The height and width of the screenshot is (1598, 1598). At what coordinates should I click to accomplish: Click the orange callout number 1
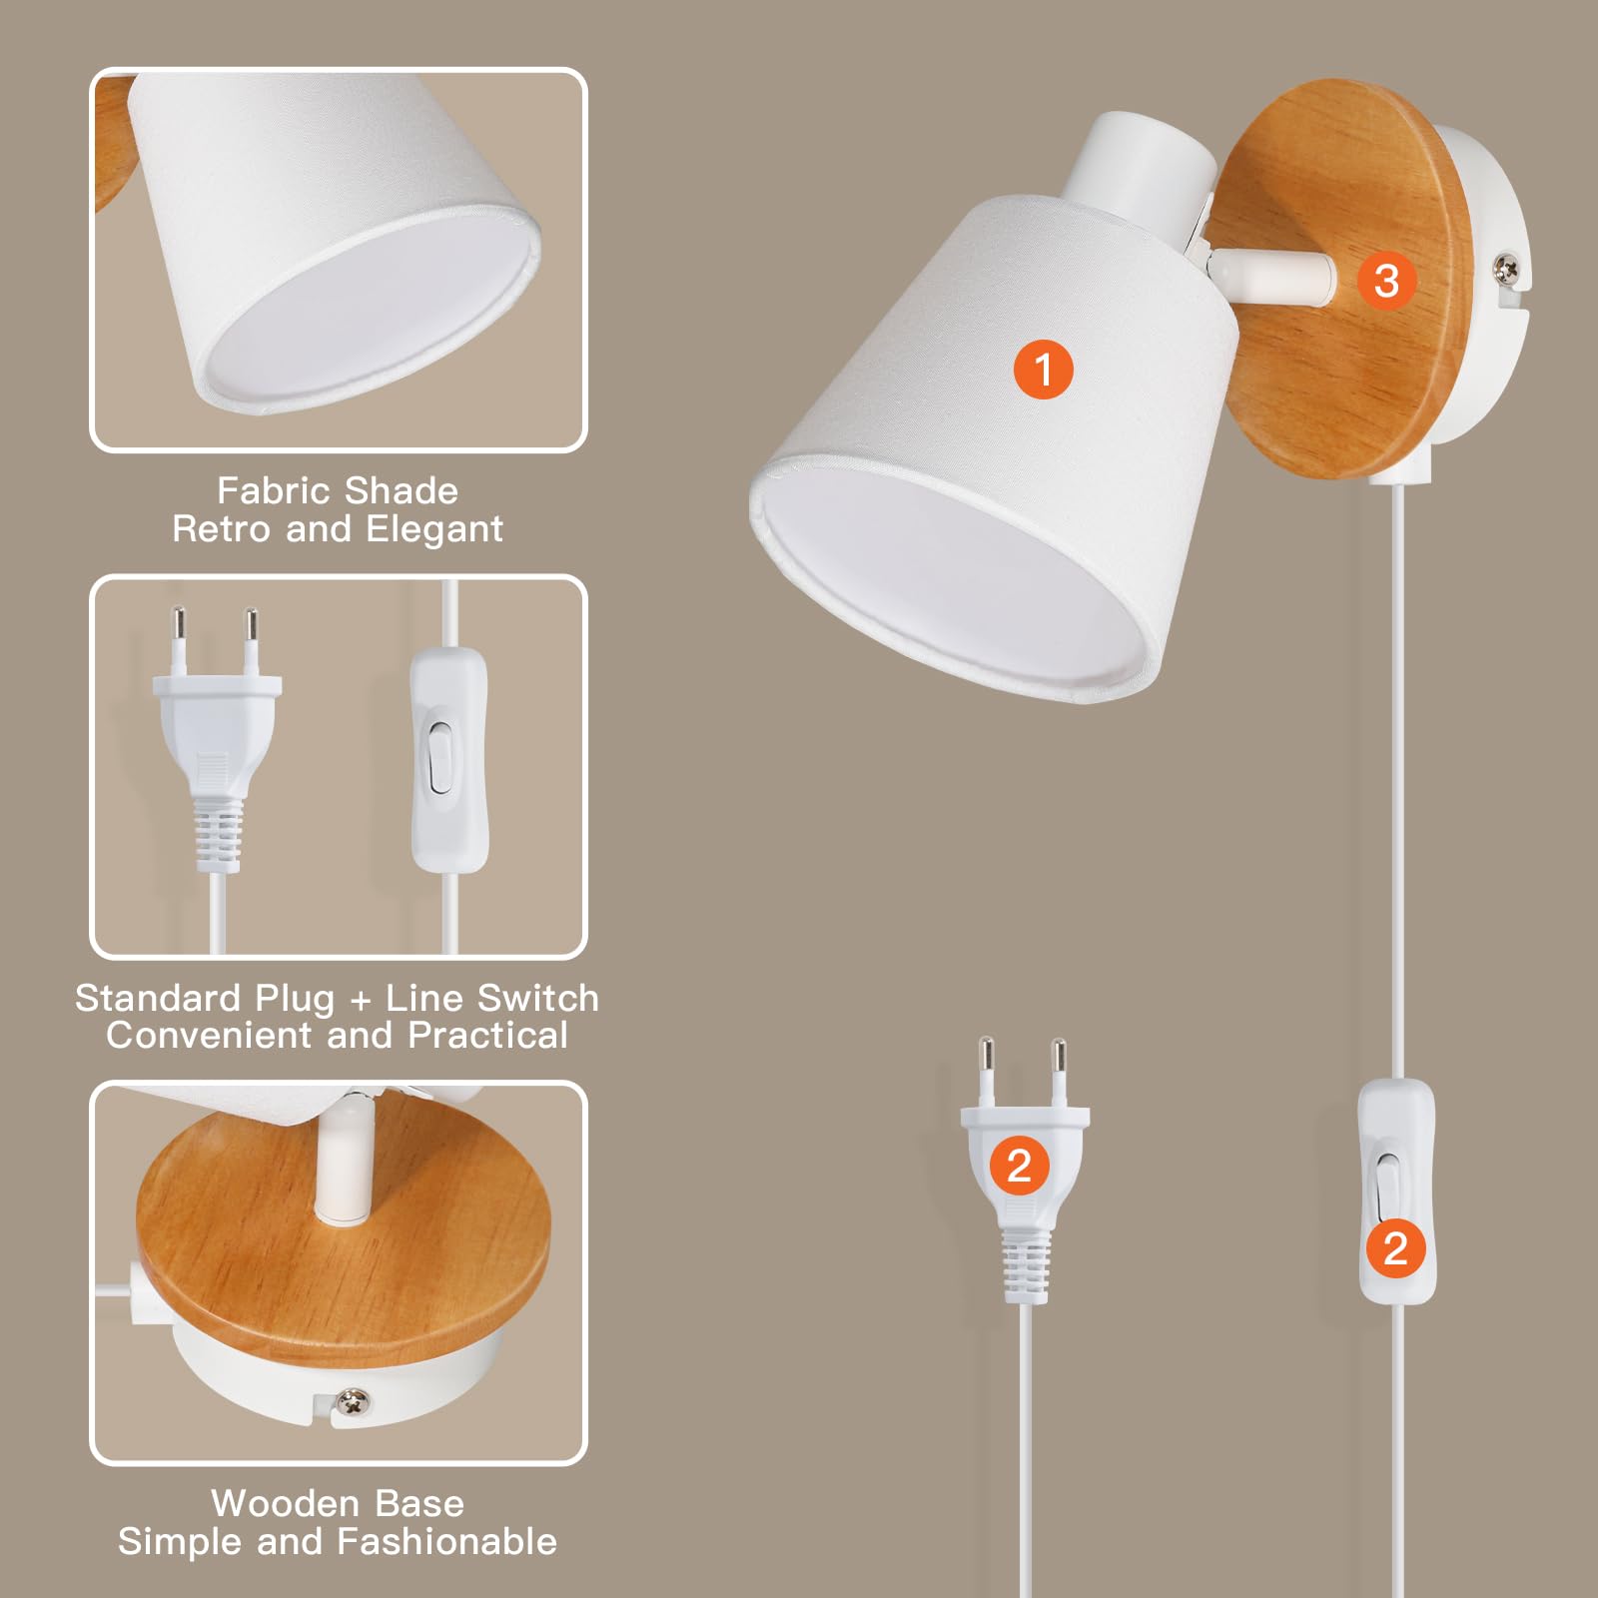(x=1043, y=370)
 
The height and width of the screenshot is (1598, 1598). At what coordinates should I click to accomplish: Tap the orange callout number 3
(x=1386, y=281)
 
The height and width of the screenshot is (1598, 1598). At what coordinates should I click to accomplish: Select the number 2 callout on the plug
(x=1019, y=1166)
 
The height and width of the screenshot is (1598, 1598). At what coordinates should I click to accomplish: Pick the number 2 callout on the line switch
(x=1395, y=1248)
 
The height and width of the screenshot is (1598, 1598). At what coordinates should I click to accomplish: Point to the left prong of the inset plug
(x=178, y=640)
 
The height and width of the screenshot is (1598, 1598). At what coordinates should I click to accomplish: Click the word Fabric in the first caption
(x=273, y=490)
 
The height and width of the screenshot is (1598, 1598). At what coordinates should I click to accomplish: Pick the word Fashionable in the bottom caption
(x=446, y=1542)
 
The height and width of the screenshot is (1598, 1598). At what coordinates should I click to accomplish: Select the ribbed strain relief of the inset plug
(x=219, y=834)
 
